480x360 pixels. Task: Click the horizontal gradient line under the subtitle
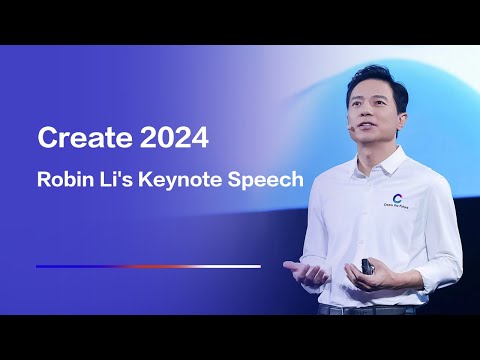point(148,266)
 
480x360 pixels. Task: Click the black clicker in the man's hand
point(368,268)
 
